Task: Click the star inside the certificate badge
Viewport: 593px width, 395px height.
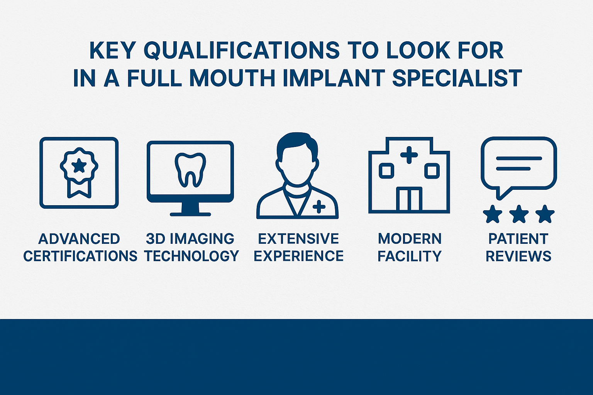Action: pos(79,165)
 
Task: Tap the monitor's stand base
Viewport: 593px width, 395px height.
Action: pos(190,214)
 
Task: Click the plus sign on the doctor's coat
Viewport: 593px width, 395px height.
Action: pos(319,207)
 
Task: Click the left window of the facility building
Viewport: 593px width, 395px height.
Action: pos(386,170)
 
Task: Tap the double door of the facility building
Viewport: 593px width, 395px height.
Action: pos(409,199)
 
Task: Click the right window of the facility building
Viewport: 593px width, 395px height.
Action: pos(432,170)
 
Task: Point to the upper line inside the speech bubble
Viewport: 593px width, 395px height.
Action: pos(519,159)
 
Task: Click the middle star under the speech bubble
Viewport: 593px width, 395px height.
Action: pos(519,214)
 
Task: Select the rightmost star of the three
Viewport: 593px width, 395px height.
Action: pos(545,214)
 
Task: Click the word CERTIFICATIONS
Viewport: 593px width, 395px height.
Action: pos(80,256)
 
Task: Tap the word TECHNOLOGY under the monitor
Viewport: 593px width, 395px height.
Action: pos(192,256)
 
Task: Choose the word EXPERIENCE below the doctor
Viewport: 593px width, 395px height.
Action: pos(298,256)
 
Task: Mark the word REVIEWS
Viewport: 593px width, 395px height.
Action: pos(518,256)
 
